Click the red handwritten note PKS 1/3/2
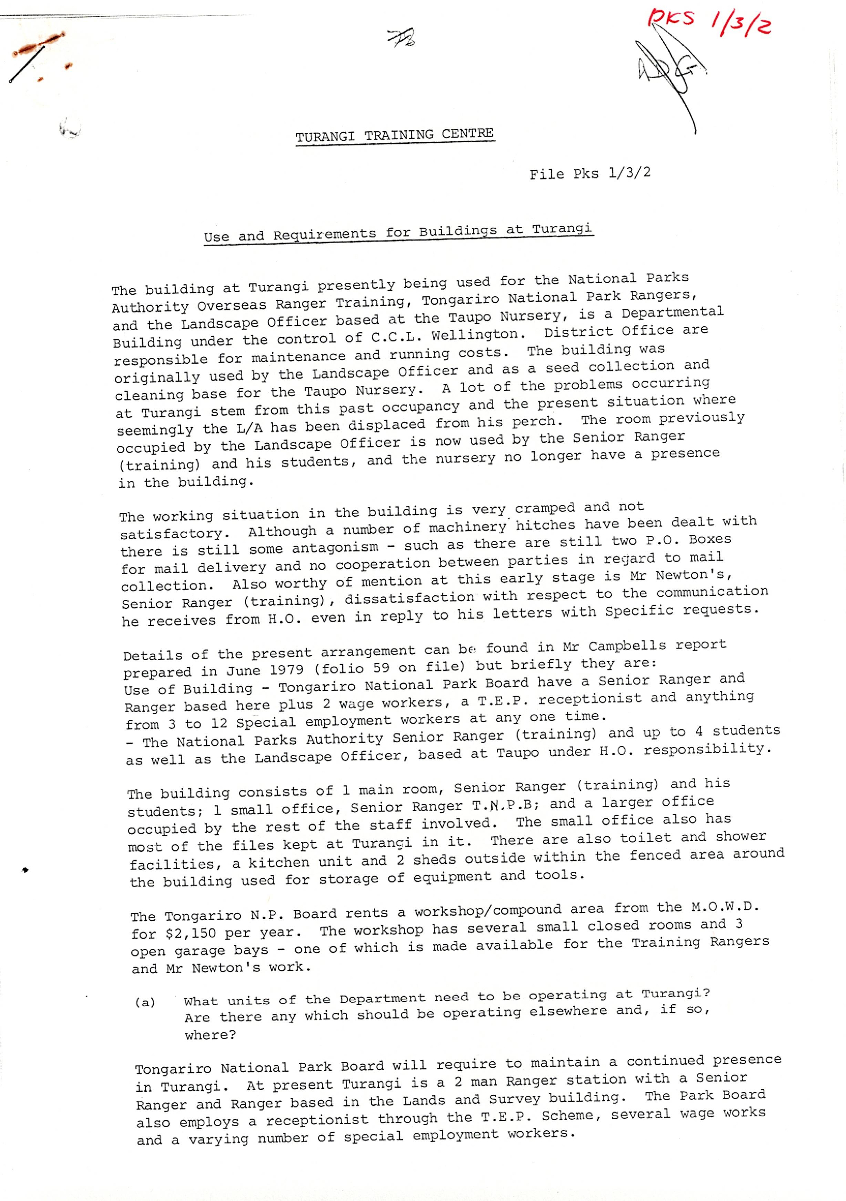pyautogui.click(x=708, y=22)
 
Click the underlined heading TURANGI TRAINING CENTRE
pyautogui.click(x=394, y=136)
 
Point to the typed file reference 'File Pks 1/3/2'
pyautogui.click(x=590, y=173)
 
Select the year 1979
pyautogui.click(x=280, y=670)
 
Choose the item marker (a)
pyautogui.click(x=145, y=1002)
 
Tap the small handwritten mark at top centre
pyautogui.click(x=401, y=38)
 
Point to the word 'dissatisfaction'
pyautogui.click(x=409, y=598)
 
